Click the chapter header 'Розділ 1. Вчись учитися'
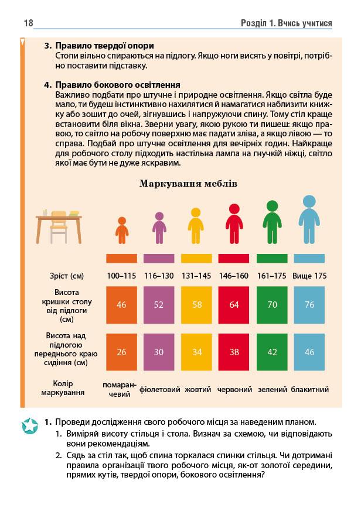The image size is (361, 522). pos(287,23)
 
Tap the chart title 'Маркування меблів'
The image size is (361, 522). pos(188,184)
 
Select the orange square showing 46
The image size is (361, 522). pos(121,304)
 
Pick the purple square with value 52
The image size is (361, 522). pos(159,304)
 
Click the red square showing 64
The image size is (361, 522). pos(234,304)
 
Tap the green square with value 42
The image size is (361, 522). pos(273,352)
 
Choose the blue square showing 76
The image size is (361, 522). pos(310,304)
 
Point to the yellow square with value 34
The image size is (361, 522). pos(197,352)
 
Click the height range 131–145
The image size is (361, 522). pos(197,276)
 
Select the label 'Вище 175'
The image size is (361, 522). pos(310,276)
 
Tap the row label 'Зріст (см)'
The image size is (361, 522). pos(67,276)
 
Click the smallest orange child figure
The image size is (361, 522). pos(121,230)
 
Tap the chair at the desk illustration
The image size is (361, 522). pos(58,230)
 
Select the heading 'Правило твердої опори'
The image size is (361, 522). pos(104,45)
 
